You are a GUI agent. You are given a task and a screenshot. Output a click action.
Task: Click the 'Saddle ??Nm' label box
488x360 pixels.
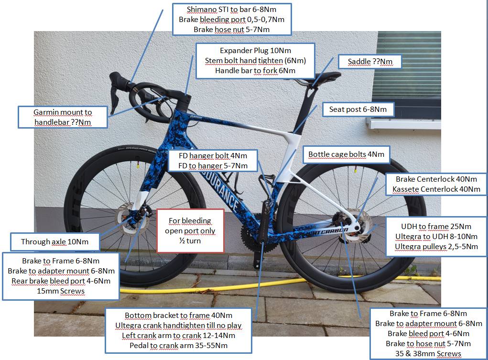(370, 62)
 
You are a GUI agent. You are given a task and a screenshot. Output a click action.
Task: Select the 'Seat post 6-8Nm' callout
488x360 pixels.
(358, 109)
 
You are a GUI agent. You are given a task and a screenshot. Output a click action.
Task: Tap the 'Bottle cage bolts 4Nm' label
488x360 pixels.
(347, 154)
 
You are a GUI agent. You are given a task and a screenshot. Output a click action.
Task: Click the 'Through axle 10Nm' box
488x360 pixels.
(55, 241)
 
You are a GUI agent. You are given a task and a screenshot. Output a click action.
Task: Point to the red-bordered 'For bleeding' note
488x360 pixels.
(190, 231)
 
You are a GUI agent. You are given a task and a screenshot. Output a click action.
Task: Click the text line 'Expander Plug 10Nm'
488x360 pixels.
(256, 51)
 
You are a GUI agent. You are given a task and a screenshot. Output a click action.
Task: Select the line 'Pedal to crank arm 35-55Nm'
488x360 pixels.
(179, 346)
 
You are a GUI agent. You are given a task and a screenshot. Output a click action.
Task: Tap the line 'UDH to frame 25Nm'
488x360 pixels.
(436, 227)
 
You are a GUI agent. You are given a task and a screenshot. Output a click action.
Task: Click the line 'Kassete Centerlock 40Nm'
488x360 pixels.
(436, 189)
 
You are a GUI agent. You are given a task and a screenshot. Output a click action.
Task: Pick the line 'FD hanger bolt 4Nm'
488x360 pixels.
(213, 156)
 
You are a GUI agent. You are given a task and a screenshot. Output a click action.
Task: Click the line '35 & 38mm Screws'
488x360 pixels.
(428, 354)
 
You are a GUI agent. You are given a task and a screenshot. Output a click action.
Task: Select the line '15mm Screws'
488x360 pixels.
(61, 291)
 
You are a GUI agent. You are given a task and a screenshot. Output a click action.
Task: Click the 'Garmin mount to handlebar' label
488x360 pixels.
(63, 117)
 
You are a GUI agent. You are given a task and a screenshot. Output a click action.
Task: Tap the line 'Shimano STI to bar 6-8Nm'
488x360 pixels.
(231, 10)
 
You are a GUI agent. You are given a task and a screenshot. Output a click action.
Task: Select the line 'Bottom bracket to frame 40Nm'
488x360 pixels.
(179, 316)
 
